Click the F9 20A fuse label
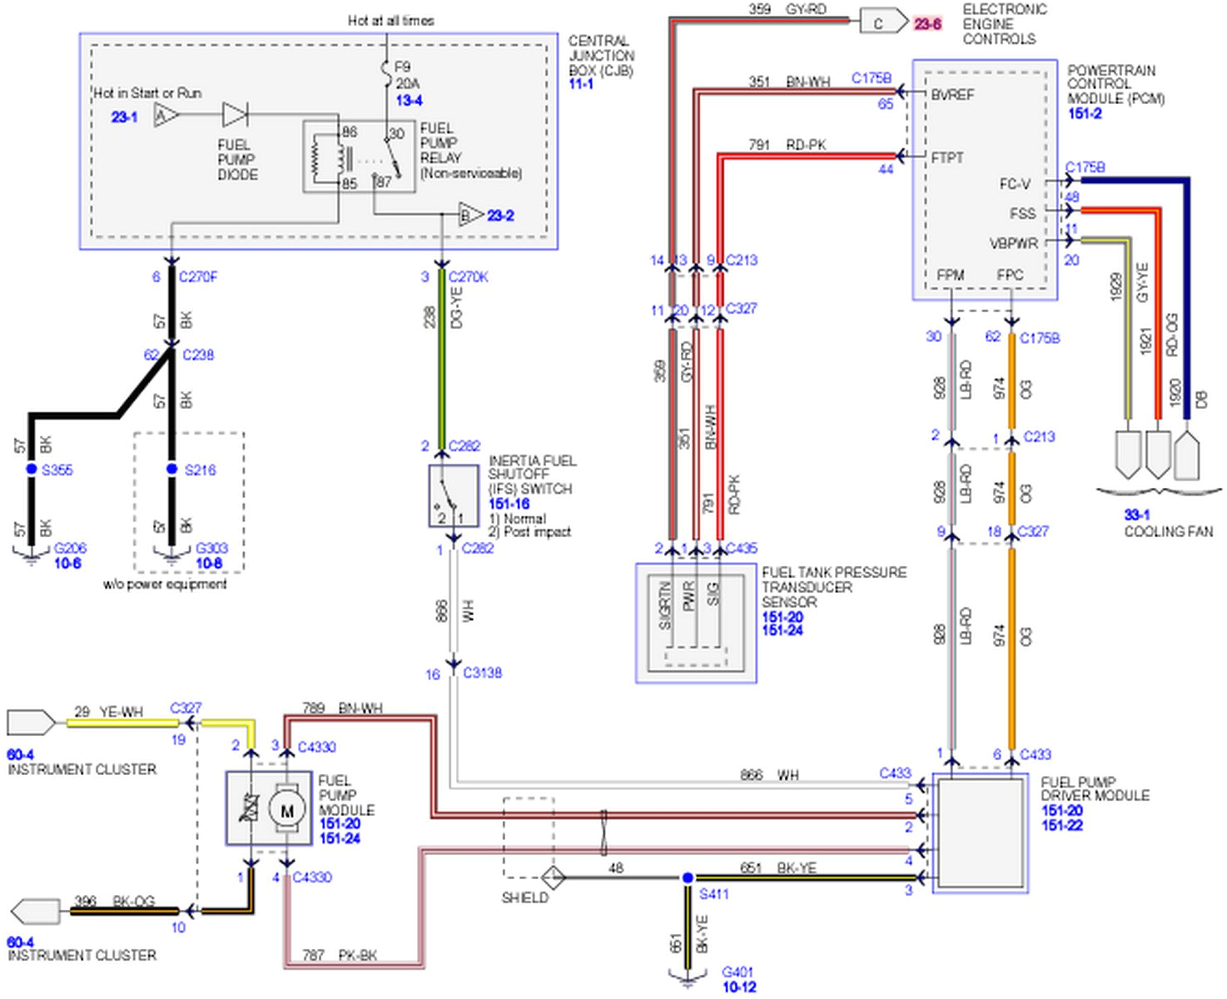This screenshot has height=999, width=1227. (405, 75)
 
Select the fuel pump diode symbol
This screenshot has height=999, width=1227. (236, 115)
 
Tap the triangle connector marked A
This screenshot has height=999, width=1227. (166, 115)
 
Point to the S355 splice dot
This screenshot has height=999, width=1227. (32, 470)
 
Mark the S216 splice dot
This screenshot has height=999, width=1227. (172, 470)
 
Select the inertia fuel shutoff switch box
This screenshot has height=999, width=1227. (453, 495)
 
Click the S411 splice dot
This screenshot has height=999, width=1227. (688, 877)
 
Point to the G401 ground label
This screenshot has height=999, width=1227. (737, 972)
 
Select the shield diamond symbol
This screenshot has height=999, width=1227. (554, 877)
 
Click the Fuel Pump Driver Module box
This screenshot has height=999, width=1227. (981, 833)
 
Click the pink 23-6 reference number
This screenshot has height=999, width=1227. (927, 24)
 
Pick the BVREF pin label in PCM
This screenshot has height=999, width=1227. (952, 95)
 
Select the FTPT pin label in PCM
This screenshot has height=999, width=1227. (947, 157)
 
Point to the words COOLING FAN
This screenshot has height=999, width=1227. (1168, 531)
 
